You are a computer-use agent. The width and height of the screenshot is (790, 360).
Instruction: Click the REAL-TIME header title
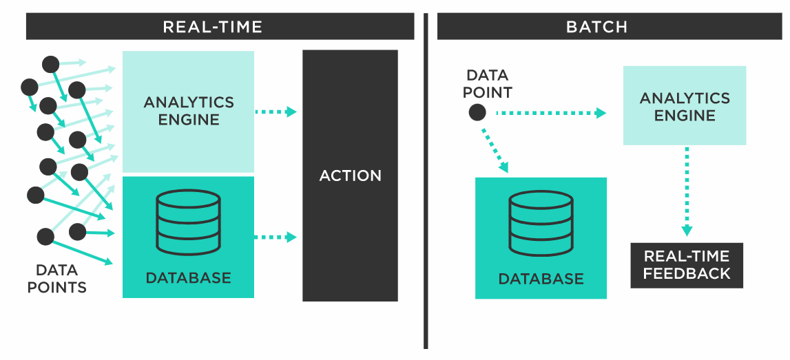212,28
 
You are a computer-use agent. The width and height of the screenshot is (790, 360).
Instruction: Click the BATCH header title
596,28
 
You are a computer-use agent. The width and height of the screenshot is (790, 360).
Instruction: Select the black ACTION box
350,176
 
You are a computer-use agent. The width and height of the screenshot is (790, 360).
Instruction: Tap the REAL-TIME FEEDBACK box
687,265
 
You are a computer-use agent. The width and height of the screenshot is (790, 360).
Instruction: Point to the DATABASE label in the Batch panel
541,279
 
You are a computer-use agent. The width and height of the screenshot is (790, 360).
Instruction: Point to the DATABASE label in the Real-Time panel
188,278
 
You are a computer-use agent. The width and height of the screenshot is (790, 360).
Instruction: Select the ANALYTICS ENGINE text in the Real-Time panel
188,111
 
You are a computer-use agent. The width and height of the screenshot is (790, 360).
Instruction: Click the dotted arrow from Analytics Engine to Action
276,112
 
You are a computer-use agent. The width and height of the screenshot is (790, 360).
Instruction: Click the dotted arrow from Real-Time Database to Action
276,237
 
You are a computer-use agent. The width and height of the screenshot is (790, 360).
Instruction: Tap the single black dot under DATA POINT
477,113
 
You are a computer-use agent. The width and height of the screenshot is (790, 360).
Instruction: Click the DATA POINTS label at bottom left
56,279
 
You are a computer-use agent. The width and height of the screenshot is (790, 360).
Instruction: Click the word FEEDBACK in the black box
687,273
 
